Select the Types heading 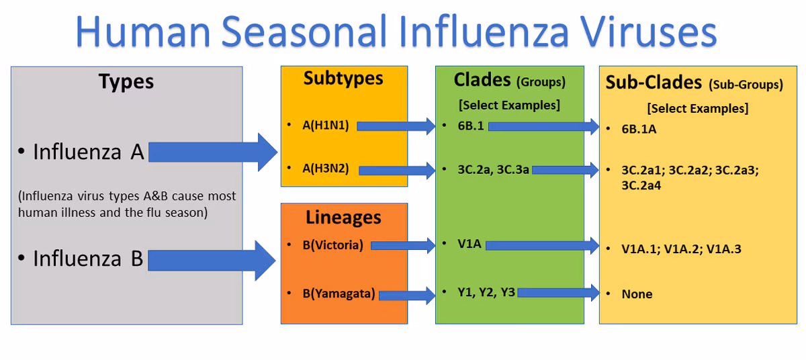(126, 82)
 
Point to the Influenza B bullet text (88, 259)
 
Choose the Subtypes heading (343, 79)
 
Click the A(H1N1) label (326, 125)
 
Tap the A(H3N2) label (326, 169)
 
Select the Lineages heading (343, 218)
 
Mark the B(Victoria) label (332, 245)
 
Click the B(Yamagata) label (339, 294)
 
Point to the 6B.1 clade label (471, 126)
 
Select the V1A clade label (469, 244)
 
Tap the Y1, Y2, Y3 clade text (486, 292)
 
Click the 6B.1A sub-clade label (639, 129)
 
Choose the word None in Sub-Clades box (637, 294)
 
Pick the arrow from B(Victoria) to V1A (403, 245)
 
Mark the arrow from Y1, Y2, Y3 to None (557, 293)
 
